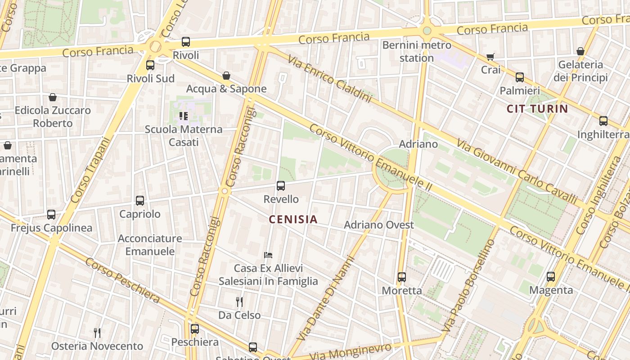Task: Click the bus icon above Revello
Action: pos(281,185)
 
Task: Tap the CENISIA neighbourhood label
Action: pos(293,220)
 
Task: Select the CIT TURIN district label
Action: pos(537,108)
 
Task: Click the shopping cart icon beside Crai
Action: pos(490,57)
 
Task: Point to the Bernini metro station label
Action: pos(416,51)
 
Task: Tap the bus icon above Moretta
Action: pos(402,277)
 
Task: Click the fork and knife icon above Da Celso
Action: pos(239,301)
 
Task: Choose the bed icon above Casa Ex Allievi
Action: pos(268,255)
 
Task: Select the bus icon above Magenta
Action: pos(551,277)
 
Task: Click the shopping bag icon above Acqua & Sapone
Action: pos(226,76)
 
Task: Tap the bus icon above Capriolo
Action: pos(140,201)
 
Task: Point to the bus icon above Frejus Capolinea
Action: pos(51,215)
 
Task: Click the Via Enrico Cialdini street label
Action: pos(330,79)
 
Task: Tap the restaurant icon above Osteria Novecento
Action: pos(97,333)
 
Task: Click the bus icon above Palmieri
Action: pos(520,77)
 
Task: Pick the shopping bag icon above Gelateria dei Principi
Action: pos(580,51)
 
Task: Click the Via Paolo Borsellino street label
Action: pos(468,286)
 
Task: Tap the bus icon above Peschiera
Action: pos(195,329)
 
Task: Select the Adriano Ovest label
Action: pos(378,225)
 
